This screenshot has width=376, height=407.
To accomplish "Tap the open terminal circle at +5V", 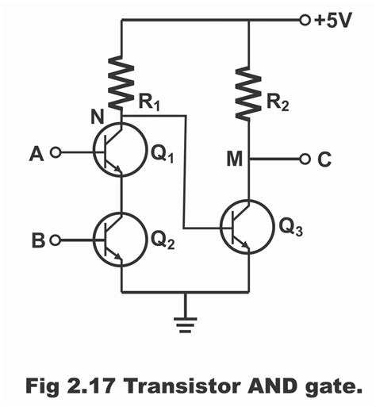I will (305, 21).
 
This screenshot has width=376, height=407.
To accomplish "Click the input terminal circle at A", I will (55, 152).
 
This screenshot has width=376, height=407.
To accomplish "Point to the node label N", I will (98, 118).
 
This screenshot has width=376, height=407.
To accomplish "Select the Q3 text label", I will (292, 228).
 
